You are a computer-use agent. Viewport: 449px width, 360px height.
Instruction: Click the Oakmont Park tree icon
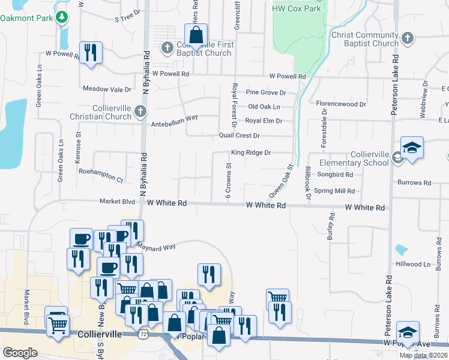[61, 18]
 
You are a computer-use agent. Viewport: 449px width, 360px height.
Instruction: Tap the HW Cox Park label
[297, 8]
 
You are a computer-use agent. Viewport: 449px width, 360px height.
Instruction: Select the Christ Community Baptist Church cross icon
[407, 38]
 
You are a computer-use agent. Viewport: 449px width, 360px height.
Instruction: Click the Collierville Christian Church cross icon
[140, 110]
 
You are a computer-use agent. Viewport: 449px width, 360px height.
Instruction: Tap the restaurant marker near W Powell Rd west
[90, 52]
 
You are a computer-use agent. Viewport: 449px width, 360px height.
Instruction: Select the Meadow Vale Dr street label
[107, 89]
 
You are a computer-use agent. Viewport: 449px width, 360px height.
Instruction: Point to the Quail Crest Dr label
[239, 136]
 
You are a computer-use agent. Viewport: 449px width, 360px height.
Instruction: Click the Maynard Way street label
[154, 246]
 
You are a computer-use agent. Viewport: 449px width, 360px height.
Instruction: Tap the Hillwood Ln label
[413, 264]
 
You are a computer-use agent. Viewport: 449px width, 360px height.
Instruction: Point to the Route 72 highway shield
[159, 332]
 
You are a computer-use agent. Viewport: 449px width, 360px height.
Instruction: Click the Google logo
[20, 352]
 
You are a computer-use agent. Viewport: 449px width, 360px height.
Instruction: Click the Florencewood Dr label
[341, 104]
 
